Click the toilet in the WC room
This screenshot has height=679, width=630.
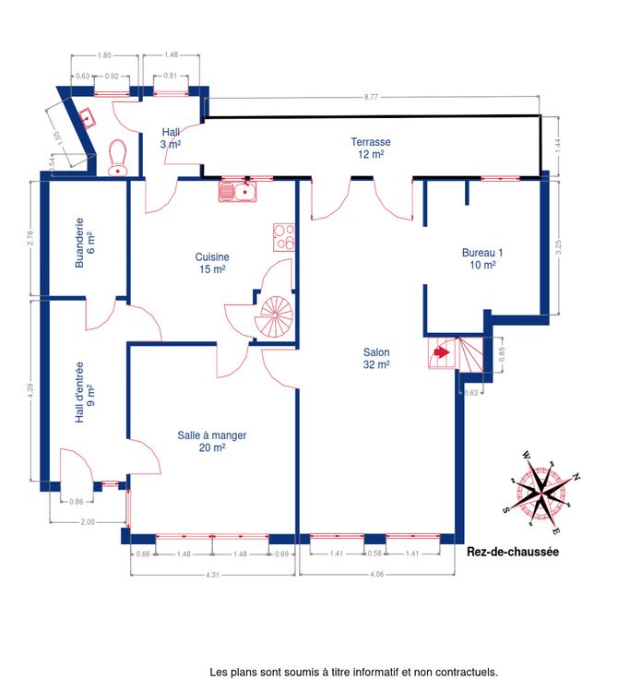(x=117, y=158)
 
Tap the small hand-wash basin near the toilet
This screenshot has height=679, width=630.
(x=87, y=118)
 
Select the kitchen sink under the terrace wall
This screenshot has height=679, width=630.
(x=238, y=192)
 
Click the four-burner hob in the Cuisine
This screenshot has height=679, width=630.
(x=284, y=237)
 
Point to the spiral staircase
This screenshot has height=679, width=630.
(x=274, y=316)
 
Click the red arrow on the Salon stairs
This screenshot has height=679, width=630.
(x=441, y=352)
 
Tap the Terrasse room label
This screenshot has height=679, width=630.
(x=371, y=148)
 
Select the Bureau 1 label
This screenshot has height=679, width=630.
(x=482, y=258)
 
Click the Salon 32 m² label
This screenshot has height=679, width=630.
(x=376, y=359)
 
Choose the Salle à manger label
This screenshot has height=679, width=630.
(x=212, y=441)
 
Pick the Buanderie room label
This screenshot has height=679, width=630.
(x=85, y=243)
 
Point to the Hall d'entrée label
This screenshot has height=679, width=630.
(x=85, y=392)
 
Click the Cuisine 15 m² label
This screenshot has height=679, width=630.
(x=212, y=263)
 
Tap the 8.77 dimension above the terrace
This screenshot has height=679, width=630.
(x=371, y=97)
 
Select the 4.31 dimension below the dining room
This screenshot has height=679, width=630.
(x=212, y=575)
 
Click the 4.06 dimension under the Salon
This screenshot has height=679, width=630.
(x=376, y=575)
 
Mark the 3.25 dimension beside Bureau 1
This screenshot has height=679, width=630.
(x=558, y=247)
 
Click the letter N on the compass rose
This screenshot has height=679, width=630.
(x=576, y=477)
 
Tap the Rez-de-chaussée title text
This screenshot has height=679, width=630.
(x=513, y=552)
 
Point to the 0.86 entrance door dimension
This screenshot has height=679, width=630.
(x=77, y=502)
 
